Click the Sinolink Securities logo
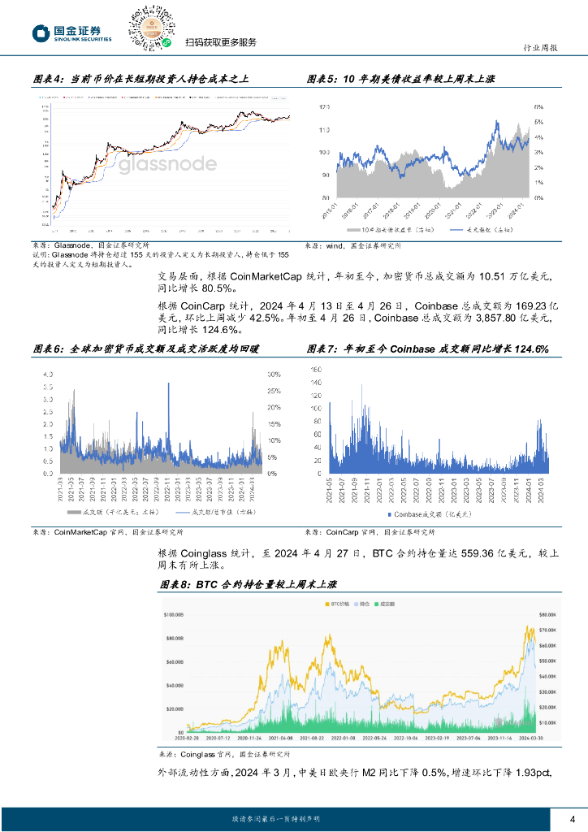[71, 32]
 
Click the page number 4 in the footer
[573, 818]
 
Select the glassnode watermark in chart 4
[167, 165]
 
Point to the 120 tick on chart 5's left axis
[323, 107]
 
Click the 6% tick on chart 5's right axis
[538, 107]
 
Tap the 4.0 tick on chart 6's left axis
[48, 375]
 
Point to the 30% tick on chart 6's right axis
[274, 375]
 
